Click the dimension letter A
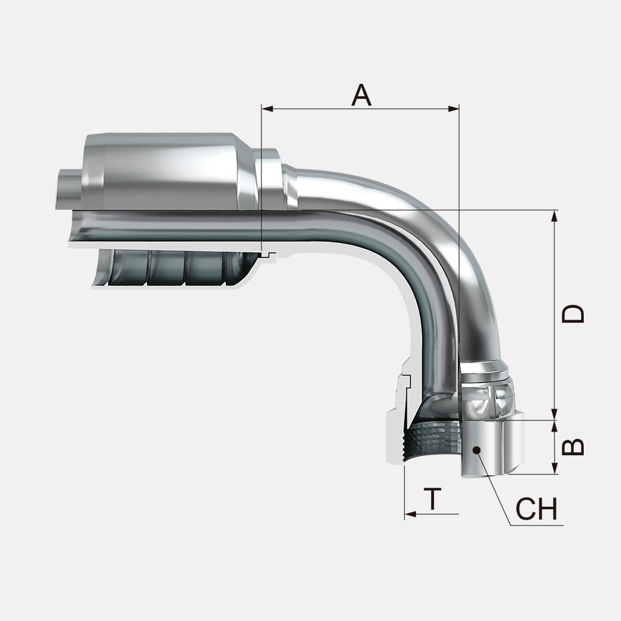point(361,95)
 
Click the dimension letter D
point(573,314)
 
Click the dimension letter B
point(573,446)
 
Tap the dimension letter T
point(433,499)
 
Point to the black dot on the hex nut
point(476,450)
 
